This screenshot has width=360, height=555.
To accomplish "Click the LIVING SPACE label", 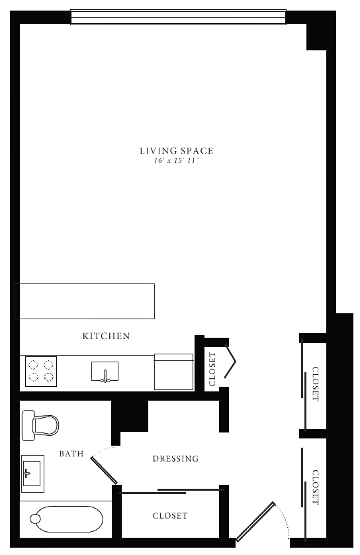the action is [177, 151].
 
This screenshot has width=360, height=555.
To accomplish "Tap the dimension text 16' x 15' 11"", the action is [177, 161].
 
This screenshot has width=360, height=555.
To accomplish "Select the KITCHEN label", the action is [106, 336].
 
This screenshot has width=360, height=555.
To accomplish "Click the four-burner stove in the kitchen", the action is [41, 372].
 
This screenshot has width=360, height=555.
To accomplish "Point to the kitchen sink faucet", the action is [105, 377].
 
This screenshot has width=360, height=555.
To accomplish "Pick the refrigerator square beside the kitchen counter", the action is [173, 372].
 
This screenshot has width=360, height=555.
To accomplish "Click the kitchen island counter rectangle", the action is [85, 301].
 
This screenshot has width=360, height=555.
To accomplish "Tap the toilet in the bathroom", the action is [40, 425].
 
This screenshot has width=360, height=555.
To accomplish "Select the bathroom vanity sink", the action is [32, 474].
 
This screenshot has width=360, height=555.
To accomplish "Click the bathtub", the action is [66, 519].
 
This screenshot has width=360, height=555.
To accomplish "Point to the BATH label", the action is [71, 454].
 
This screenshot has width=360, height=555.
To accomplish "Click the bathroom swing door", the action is [104, 470].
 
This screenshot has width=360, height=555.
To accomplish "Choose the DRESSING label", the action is [175, 459].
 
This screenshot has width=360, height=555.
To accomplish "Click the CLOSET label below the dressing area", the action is [170, 516].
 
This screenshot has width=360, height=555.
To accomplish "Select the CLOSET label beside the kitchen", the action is [212, 369].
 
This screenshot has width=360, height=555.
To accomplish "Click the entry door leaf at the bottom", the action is [255, 522].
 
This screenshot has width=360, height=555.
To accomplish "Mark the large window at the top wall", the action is [178, 17].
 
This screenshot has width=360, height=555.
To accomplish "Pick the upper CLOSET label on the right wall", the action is [316, 384].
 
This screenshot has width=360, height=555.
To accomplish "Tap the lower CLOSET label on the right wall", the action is [316, 487].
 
